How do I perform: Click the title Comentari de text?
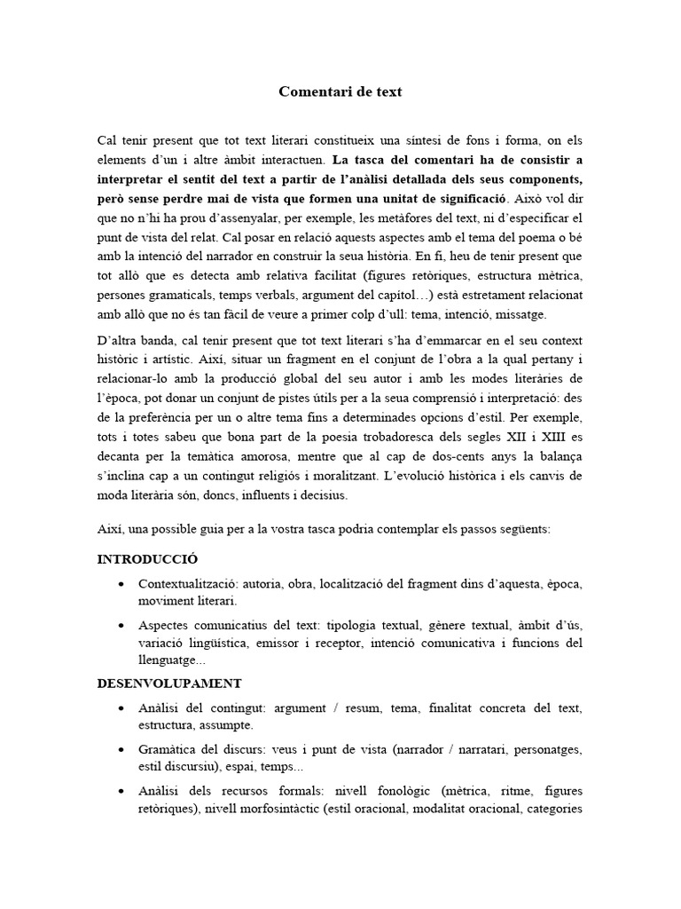[x=340, y=91]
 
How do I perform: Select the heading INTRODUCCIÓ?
[x=147, y=559]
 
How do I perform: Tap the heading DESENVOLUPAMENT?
[x=168, y=684]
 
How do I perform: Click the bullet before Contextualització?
[x=120, y=584]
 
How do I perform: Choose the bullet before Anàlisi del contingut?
[x=120, y=708]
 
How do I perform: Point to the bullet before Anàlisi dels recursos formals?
[x=120, y=790]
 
